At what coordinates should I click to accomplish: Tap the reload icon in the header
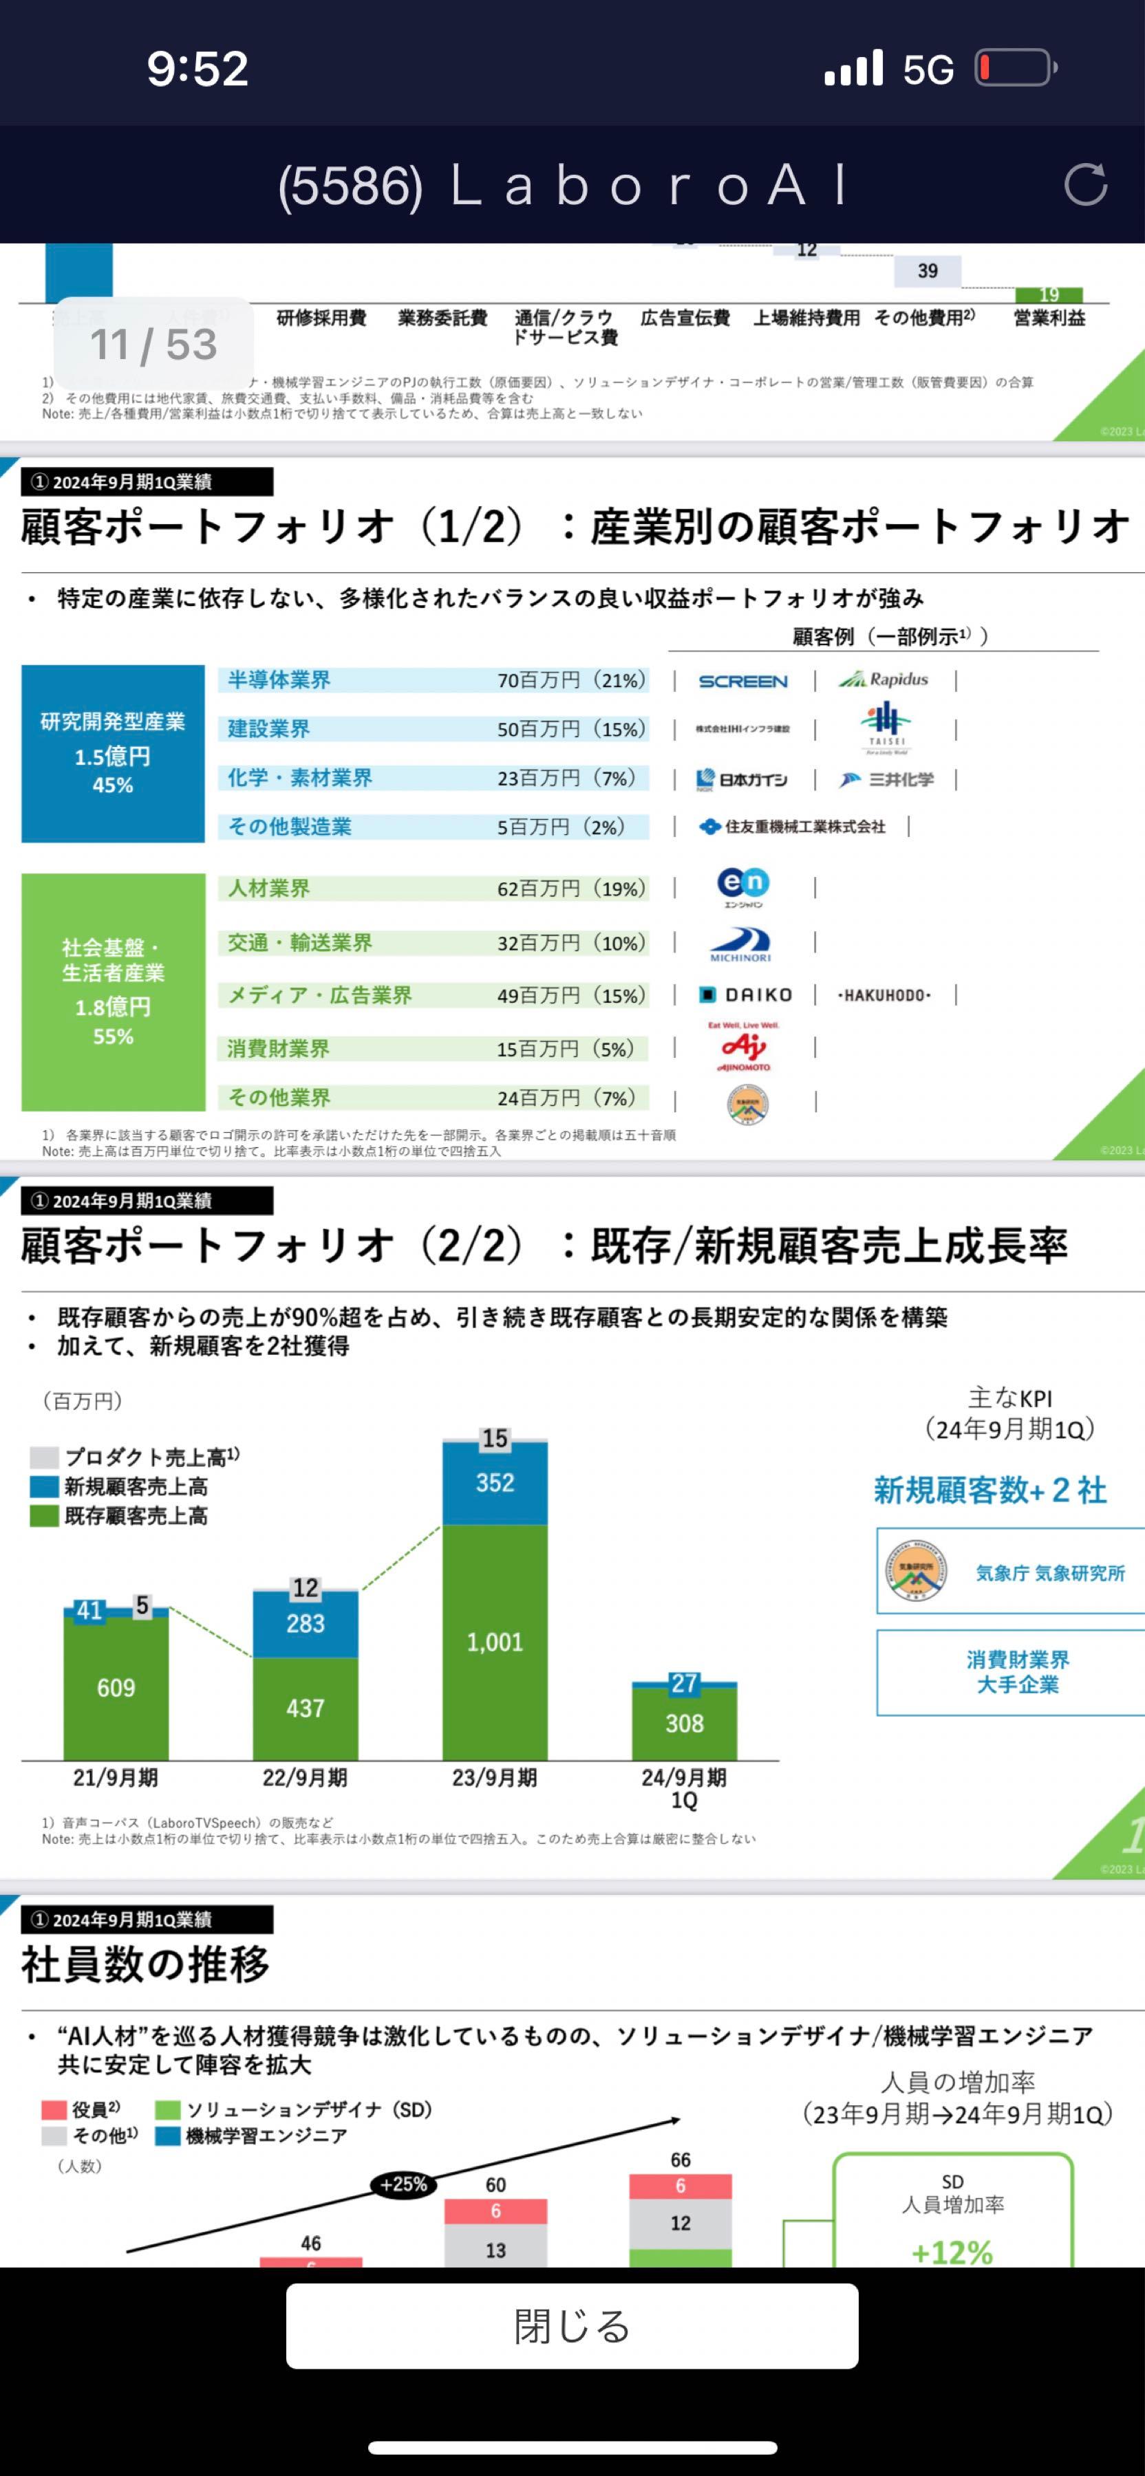pos(1085,184)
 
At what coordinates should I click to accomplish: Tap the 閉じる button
pos(572,2325)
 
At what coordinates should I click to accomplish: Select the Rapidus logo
pos(884,680)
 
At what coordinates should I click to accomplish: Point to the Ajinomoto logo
pos(744,1047)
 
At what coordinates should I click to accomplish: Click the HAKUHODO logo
pos(884,995)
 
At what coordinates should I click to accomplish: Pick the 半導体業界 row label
pos(279,680)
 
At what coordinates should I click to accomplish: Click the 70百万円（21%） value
pos(571,680)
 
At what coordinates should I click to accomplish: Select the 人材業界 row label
pos(268,888)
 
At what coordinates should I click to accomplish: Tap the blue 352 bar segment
pos(495,1483)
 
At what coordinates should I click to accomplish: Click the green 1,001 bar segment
pos(495,1642)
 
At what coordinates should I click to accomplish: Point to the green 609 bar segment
pos(116,1688)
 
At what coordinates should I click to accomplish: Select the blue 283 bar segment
pos(306,1623)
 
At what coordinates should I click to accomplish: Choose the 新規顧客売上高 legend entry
pos(136,1487)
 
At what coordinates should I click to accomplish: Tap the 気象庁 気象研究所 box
pos(1009,1572)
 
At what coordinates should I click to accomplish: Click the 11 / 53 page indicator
pos(154,344)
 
